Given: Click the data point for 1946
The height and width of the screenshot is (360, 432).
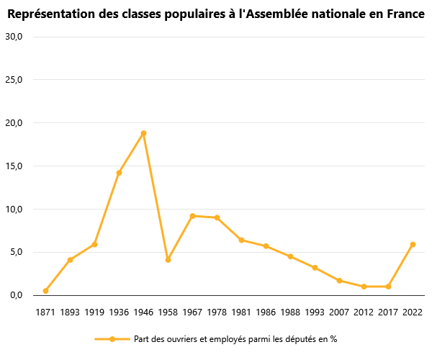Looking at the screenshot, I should point(143,133).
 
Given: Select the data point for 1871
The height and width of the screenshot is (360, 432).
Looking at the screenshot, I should point(45,291).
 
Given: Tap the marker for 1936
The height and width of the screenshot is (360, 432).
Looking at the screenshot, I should point(119,173).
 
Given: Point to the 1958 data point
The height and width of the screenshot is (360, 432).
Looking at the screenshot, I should point(168,260).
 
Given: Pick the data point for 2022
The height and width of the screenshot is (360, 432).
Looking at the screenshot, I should point(413,244).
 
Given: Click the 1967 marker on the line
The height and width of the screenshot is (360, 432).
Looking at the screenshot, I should point(192,216).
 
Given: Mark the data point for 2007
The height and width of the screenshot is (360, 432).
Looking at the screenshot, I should point(339,281).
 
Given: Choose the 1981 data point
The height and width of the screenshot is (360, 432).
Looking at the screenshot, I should point(241,240).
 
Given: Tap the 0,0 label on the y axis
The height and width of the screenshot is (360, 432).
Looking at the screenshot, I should point(16,296).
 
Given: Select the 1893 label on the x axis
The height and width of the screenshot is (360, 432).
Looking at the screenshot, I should point(70,312).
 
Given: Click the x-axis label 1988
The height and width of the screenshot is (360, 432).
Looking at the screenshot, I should point(290,312).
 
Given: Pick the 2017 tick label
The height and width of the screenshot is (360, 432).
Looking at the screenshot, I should point(388,312).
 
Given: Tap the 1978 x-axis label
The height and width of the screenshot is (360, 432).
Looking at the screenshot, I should point(217,312).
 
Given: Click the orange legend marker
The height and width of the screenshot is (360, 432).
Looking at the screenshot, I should point(112,339).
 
